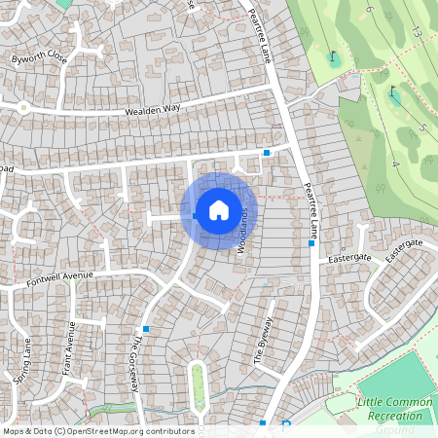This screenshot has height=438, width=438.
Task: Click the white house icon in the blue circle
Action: [x=218, y=208]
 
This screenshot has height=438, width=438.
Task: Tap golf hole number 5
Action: [x=422, y=128]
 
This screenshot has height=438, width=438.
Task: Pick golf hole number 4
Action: [x=395, y=164]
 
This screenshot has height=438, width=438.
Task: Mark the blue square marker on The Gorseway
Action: [x=146, y=329]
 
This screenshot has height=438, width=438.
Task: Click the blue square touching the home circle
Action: [x=196, y=216]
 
